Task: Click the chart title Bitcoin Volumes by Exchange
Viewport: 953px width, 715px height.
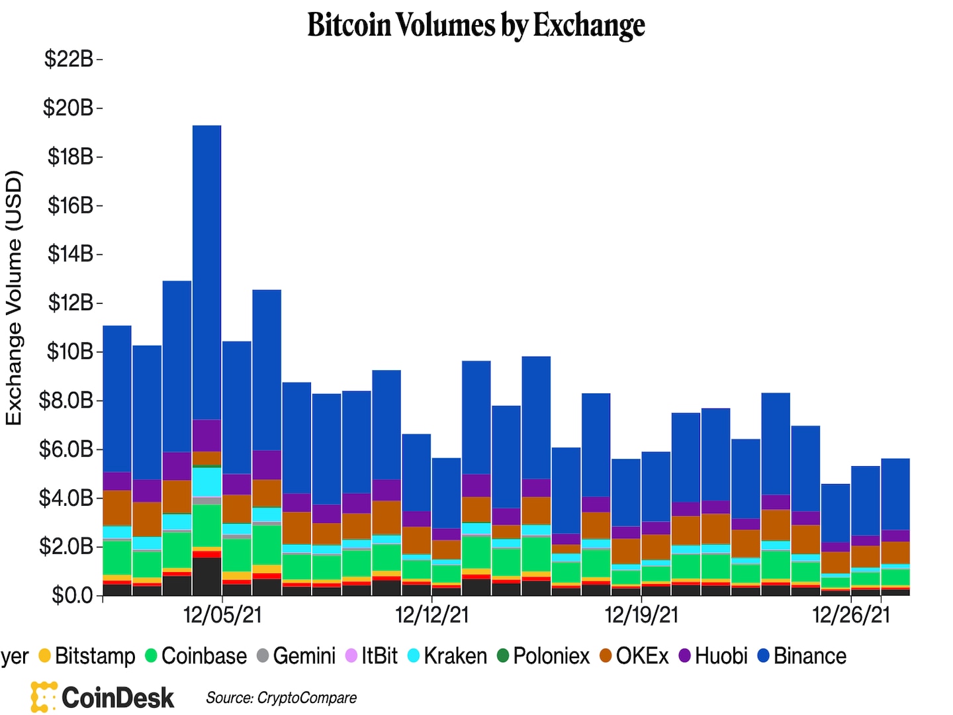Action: pyautogui.click(x=476, y=25)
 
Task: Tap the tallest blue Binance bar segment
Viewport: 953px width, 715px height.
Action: pyautogui.click(x=206, y=271)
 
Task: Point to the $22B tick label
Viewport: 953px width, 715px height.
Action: pyautogui.click(x=69, y=59)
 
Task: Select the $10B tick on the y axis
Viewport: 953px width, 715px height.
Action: pyautogui.click(x=69, y=352)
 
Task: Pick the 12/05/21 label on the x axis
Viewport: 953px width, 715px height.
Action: pyautogui.click(x=222, y=615)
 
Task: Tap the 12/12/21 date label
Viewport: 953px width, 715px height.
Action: pyautogui.click(x=431, y=615)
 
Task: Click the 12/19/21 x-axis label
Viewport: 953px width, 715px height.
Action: pyautogui.click(x=641, y=615)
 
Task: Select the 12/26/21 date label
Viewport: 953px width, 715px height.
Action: pyautogui.click(x=851, y=615)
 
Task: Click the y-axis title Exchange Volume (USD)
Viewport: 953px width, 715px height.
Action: pyautogui.click(x=15, y=298)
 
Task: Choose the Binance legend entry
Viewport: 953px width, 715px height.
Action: pyautogui.click(x=802, y=656)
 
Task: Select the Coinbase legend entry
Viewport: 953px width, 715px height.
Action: pyautogui.click(x=197, y=656)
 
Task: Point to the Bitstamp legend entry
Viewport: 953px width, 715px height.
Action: pyautogui.click(x=87, y=656)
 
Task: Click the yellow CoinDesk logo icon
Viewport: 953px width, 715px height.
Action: pyautogui.click(x=44, y=697)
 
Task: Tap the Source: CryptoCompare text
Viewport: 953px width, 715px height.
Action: pyautogui.click(x=281, y=698)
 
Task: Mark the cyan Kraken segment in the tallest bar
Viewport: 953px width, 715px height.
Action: pyautogui.click(x=206, y=481)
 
